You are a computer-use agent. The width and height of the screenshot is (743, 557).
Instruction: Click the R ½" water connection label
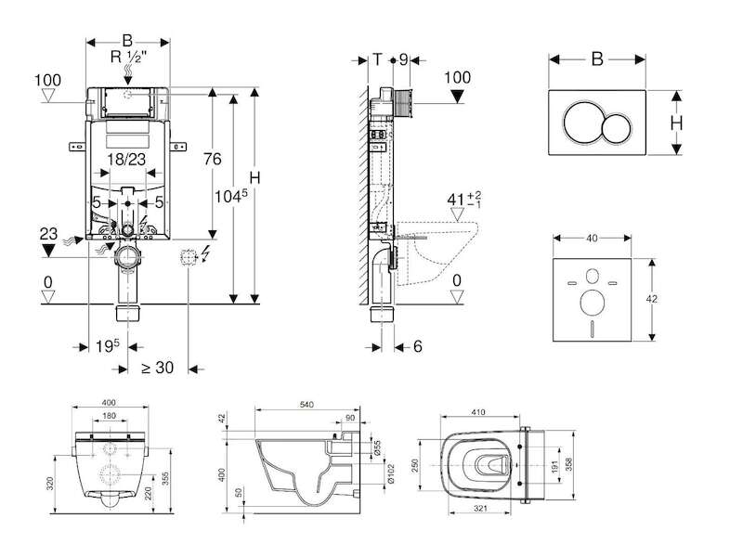[x=128, y=57]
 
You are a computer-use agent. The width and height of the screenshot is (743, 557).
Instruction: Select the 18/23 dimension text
[x=126, y=159]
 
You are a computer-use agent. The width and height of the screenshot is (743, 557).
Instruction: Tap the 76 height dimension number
[x=213, y=159]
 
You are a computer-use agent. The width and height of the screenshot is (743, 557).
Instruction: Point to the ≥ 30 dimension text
[x=158, y=367]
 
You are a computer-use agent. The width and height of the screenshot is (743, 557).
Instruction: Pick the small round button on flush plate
[x=617, y=128]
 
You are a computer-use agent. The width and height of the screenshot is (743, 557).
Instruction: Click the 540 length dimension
[x=307, y=405]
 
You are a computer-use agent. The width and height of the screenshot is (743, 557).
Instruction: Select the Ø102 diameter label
[x=391, y=473]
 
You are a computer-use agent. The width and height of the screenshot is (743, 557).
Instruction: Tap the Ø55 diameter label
[x=377, y=447]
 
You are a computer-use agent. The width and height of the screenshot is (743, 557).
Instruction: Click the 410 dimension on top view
[x=478, y=412]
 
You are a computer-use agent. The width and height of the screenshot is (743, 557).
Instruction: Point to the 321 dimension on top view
[x=480, y=508]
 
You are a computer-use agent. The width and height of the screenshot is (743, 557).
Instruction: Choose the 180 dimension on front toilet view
[x=109, y=416]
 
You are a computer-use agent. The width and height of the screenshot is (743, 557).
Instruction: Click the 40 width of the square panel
[x=592, y=239]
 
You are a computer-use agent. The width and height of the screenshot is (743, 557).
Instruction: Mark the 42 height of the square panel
[x=652, y=299]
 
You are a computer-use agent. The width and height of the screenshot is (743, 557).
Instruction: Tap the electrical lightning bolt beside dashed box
[x=205, y=253]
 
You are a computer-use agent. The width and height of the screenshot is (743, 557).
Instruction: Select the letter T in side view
[x=377, y=59]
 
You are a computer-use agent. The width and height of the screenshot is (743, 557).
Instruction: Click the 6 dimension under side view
[x=417, y=346]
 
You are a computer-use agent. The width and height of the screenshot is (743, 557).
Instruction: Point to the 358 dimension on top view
[x=568, y=465]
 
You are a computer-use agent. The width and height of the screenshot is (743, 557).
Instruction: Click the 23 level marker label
[x=48, y=234]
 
